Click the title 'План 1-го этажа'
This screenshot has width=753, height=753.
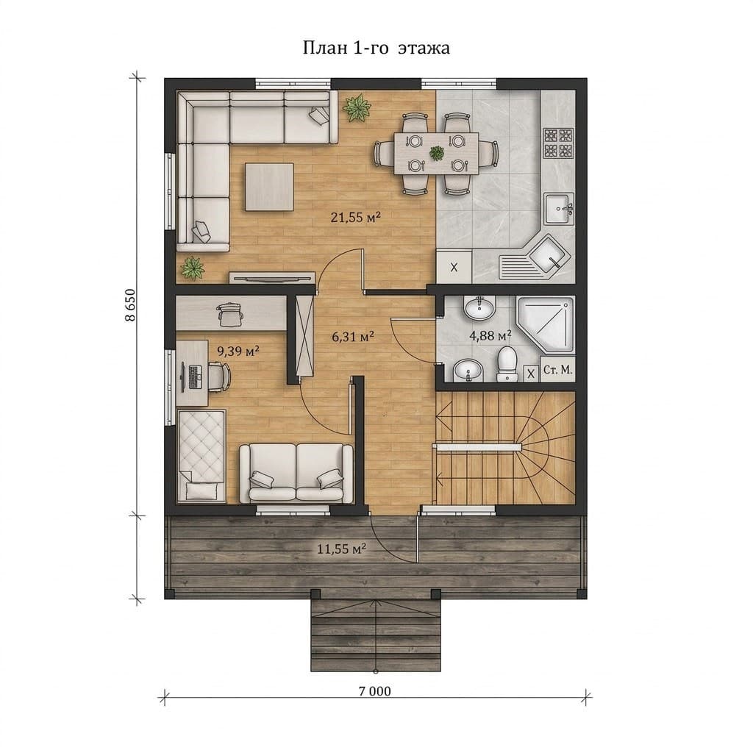click(376, 49)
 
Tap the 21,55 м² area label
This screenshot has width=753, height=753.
click(355, 218)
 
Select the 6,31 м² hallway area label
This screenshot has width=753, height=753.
click(353, 337)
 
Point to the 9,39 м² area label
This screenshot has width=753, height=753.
click(239, 351)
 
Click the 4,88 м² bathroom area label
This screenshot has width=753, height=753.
click(490, 335)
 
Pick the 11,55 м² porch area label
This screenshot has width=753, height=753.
click(342, 548)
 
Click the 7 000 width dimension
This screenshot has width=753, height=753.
click(375, 690)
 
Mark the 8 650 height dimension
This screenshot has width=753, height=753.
click(130, 305)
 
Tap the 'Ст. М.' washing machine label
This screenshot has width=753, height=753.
click(557, 370)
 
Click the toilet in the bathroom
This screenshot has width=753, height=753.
click(507, 363)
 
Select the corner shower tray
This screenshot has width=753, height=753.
click(546, 324)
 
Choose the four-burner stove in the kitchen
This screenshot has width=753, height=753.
click(558, 143)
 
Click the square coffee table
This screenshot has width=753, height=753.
click(269, 187)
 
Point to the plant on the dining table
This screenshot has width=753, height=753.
click(437, 153)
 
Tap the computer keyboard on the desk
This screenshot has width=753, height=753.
click(195, 377)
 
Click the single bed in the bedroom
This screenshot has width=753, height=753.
click(201, 455)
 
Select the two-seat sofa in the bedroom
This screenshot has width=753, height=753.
click(296, 474)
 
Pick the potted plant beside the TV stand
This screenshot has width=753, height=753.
click(193, 268)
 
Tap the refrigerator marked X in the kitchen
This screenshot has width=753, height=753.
click(454, 266)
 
